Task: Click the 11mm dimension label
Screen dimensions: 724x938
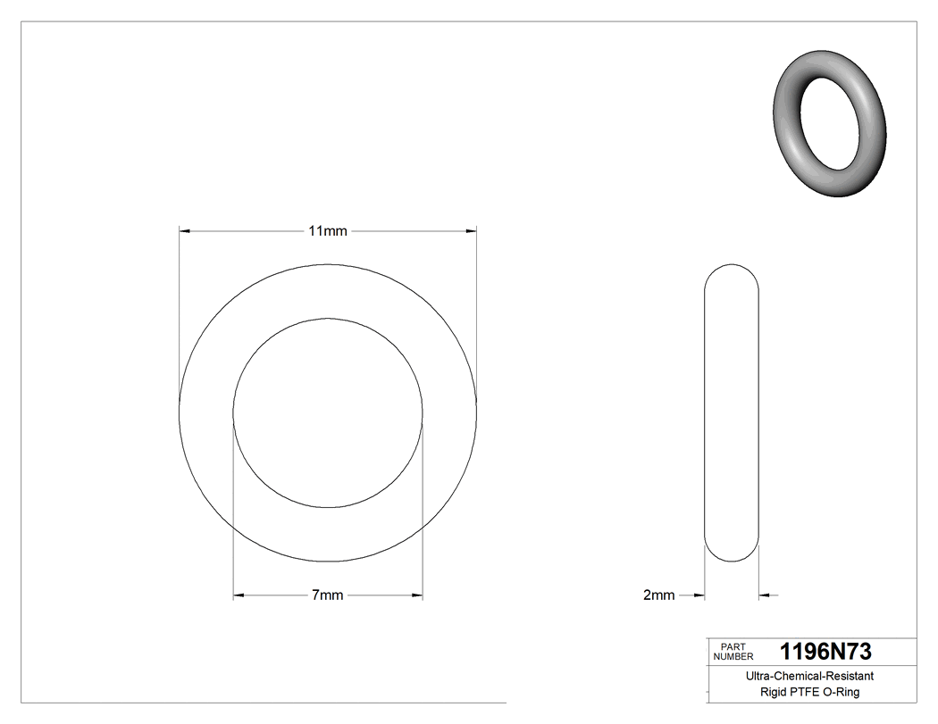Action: pyautogui.click(x=327, y=231)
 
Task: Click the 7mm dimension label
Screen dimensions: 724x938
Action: pyautogui.click(x=327, y=595)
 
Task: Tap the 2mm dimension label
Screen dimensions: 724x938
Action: pyautogui.click(x=658, y=595)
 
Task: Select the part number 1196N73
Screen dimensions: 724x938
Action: pyautogui.click(x=825, y=652)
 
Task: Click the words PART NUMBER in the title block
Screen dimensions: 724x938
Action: pyautogui.click(x=733, y=651)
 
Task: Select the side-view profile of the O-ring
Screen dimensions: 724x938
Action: pyautogui.click(x=732, y=412)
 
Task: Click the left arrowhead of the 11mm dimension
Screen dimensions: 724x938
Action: pyautogui.click(x=185, y=231)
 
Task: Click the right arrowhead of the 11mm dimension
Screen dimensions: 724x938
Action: pyautogui.click(x=471, y=231)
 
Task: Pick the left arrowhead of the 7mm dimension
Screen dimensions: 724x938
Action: pyautogui.click(x=239, y=595)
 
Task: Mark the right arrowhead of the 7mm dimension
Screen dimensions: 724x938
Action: pyautogui.click(x=417, y=595)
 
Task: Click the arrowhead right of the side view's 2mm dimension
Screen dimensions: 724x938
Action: pyautogui.click(x=765, y=595)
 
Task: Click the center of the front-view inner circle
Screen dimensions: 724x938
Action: pyautogui.click(x=328, y=413)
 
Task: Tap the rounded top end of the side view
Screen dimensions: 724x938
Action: pyautogui.click(x=732, y=272)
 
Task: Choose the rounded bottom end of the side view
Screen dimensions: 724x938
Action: pyautogui.click(x=732, y=553)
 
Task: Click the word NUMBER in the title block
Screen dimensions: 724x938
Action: pyautogui.click(x=733, y=656)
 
